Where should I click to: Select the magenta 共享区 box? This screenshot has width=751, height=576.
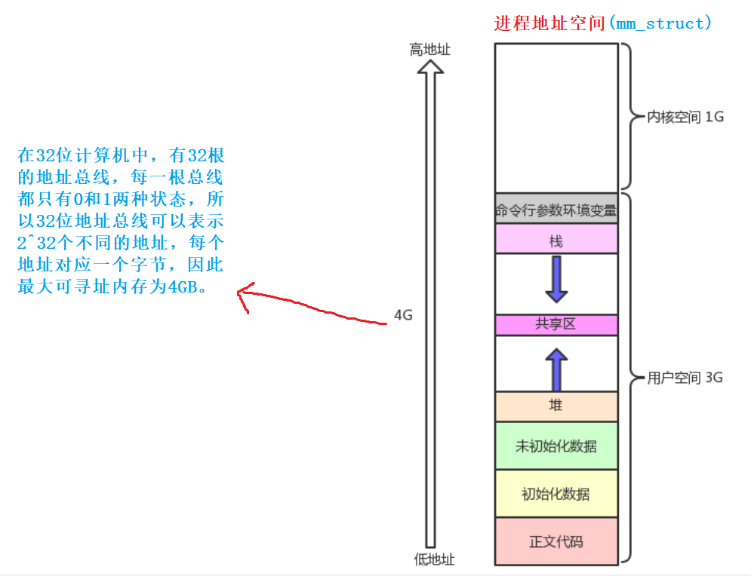556,324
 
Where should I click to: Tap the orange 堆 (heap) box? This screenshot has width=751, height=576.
556,406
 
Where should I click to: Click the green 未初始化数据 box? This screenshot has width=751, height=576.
556,446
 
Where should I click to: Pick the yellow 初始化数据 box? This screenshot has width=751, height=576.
556,494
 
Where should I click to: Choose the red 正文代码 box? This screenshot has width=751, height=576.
556,541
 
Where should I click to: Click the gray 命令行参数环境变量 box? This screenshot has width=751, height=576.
556,210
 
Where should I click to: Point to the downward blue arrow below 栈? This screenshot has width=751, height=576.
556,279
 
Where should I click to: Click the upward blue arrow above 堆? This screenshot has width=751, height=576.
556,369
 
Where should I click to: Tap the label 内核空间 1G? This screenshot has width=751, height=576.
685,118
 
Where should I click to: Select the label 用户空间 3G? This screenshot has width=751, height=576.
685,378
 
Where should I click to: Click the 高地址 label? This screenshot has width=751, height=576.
429,50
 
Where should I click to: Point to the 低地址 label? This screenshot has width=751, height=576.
434,559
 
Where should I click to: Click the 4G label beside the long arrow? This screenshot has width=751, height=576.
403,316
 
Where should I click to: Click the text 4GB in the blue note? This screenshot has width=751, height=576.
180,287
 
